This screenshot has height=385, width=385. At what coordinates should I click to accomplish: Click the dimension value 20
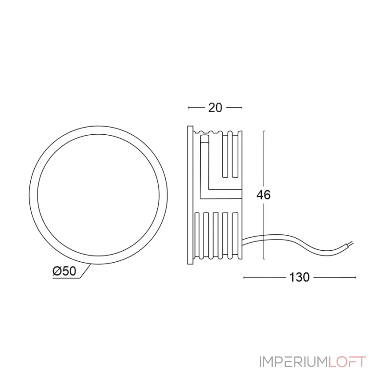tap(215, 108)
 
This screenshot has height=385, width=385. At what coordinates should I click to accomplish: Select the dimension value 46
tap(264, 195)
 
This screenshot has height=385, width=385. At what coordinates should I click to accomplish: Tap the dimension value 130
tap(299, 277)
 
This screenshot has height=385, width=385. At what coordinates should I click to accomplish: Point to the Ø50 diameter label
tap(64, 271)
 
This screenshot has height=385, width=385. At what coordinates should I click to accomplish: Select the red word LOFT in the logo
tap(347, 361)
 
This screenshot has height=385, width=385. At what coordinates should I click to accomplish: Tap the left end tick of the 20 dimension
tap(188, 108)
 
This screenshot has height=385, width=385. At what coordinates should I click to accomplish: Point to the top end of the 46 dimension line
tap(264, 130)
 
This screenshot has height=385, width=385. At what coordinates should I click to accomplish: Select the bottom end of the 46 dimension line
tap(264, 259)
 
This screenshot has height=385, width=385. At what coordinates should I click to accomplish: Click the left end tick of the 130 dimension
tap(244, 277)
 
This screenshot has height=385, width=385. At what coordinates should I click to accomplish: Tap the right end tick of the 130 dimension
tap(356, 277)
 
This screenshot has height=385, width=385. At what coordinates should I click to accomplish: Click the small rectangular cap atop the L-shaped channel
tap(204, 140)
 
